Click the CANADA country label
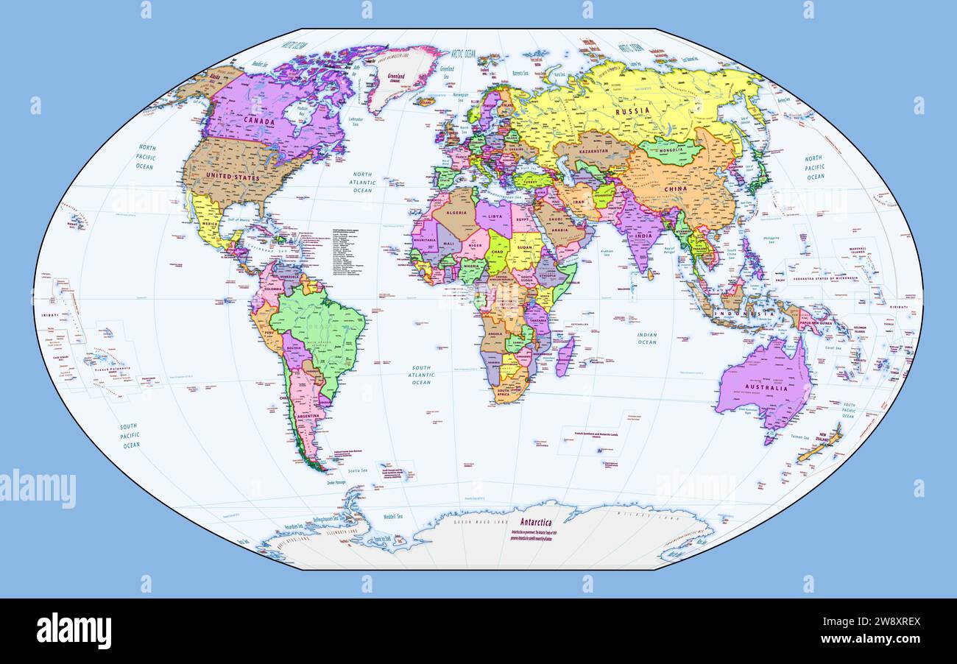(x=258, y=121)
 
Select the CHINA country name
(x=675, y=189)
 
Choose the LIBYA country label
(x=495, y=216)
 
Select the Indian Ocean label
(x=647, y=338)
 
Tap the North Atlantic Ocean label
(x=362, y=183)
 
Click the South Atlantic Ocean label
(x=421, y=375)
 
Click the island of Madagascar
(x=565, y=356)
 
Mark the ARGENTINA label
(x=308, y=417)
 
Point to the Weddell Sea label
(x=390, y=516)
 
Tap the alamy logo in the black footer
(x=74, y=631)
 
